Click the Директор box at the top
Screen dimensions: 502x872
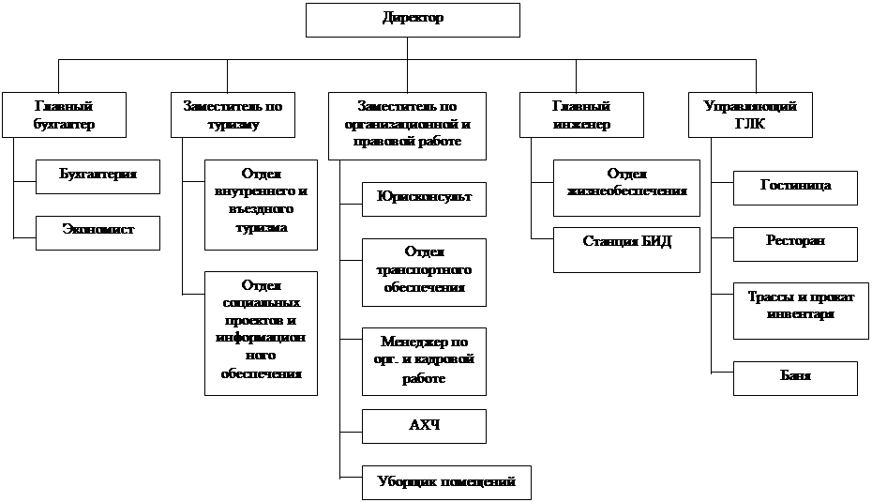413,19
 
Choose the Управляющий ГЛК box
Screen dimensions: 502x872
750,114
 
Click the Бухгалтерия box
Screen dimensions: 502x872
98,175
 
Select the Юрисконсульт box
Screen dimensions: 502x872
424,198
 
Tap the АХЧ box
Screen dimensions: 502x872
424,425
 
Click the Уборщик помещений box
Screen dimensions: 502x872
446,482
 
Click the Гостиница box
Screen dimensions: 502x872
795,186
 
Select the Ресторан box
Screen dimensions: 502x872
795,242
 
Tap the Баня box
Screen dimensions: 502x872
795,377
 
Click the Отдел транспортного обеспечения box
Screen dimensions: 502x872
424,270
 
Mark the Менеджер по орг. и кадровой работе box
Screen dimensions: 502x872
424,360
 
